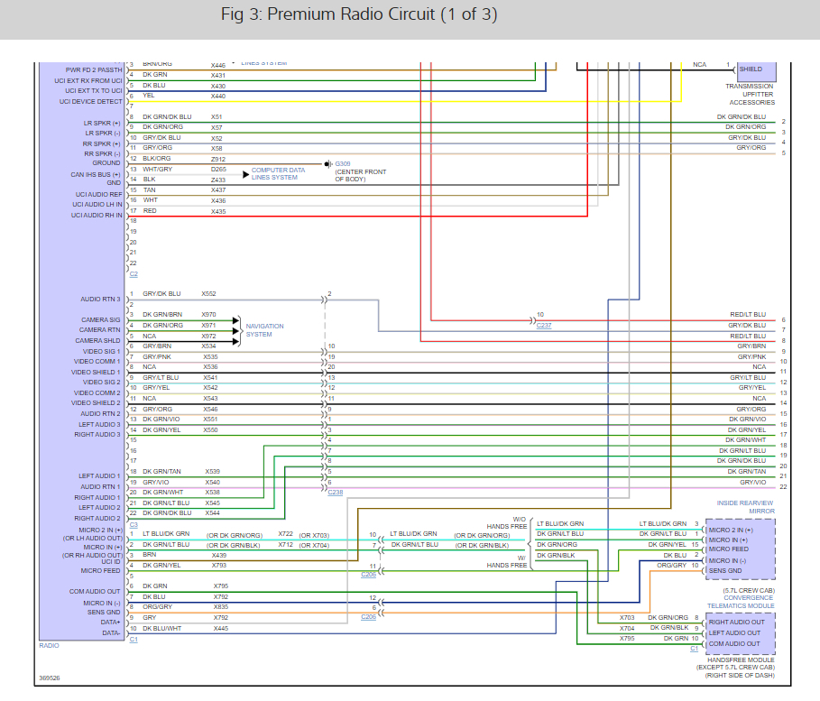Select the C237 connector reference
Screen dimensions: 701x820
[x=543, y=325]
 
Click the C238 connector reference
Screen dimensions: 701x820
[x=335, y=492]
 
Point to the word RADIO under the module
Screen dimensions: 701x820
[x=50, y=645]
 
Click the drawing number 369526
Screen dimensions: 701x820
[x=51, y=678]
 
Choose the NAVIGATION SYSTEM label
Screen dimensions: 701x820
[x=264, y=330]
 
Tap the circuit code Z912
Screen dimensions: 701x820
[x=218, y=158]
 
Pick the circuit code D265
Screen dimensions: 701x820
[x=218, y=169]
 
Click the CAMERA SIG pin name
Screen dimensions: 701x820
[x=101, y=319]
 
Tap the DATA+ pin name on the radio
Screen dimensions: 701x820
[x=110, y=623]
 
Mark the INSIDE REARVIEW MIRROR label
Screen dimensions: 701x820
[x=745, y=506]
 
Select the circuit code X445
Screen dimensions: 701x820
[x=220, y=628]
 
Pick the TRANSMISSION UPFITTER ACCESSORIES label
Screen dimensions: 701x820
[x=750, y=94]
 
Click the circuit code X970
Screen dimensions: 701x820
[x=208, y=314]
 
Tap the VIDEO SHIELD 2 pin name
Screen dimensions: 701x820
[x=96, y=403]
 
